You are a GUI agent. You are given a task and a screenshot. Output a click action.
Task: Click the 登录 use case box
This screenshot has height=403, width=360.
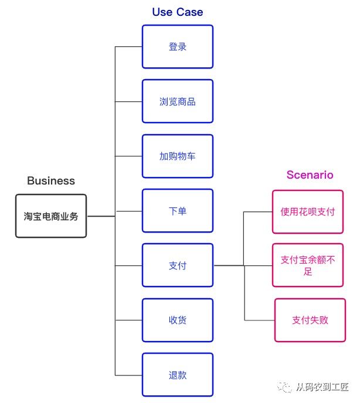(178, 47)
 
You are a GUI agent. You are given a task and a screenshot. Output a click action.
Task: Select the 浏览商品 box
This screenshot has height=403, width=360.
(178, 101)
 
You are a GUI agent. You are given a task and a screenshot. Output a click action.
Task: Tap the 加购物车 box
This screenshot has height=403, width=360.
(178, 156)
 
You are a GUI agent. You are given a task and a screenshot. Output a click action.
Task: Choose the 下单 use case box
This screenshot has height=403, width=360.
(178, 211)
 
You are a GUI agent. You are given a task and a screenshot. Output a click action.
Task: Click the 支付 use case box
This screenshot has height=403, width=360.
(178, 265)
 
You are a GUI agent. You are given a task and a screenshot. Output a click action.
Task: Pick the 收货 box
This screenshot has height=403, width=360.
(178, 320)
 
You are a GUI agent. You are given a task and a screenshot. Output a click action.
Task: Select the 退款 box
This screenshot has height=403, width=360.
(178, 375)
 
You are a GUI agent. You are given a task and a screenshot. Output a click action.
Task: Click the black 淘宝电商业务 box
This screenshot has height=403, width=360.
(51, 216)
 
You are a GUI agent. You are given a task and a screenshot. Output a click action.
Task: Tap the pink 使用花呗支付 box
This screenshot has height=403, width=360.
(307, 211)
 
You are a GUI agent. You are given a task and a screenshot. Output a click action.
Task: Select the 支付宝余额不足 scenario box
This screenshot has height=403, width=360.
(307, 265)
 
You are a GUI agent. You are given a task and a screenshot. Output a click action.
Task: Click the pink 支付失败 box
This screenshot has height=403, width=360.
(310, 320)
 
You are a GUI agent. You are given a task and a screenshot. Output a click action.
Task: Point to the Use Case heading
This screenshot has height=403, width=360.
(178, 12)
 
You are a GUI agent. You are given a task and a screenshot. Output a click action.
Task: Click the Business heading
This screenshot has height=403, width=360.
(51, 180)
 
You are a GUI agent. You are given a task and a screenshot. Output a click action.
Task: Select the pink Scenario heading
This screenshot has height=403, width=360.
(310, 175)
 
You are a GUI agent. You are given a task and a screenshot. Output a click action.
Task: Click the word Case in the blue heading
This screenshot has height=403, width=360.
(190, 12)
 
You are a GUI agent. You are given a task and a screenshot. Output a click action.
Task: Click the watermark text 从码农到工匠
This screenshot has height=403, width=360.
(322, 388)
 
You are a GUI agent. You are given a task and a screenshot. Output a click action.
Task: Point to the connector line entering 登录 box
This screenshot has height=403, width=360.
(128, 47)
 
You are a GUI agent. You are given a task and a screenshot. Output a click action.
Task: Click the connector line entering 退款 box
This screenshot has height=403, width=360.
(128, 375)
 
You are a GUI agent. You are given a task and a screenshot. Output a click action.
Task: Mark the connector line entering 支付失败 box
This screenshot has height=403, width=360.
(260, 320)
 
